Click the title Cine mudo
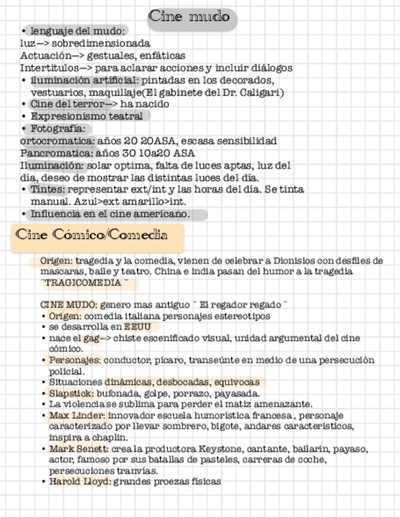click(x=190, y=16)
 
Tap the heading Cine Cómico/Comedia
click(x=91, y=235)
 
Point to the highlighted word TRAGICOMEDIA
click(x=85, y=284)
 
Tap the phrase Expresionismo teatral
click(x=87, y=116)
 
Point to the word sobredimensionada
click(x=101, y=43)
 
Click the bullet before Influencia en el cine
click(x=23, y=214)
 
